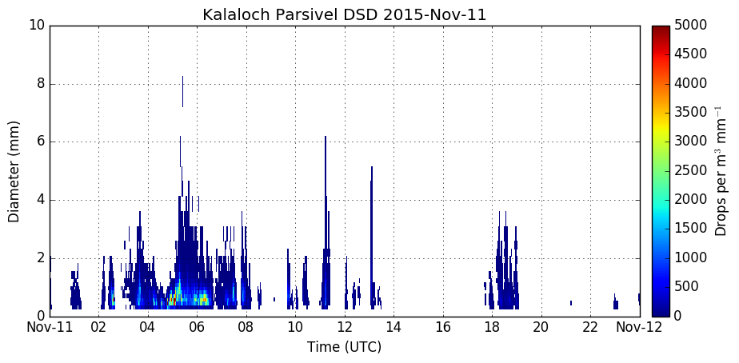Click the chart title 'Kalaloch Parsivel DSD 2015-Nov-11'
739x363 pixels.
(x=344, y=14)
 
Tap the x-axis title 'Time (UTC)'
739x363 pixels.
(x=344, y=348)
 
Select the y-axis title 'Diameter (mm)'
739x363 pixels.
(x=14, y=172)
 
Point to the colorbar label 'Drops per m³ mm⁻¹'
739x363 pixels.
(x=720, y=172)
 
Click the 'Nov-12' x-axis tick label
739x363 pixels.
(x=640, y=327)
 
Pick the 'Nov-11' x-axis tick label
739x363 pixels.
(x=50, y=327)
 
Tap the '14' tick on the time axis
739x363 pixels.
(x=394, y=327)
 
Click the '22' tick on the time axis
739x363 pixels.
(x=590, y=327)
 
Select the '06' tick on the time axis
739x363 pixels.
(x=197, y=327)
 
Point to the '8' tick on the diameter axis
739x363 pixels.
(x=40, y=85)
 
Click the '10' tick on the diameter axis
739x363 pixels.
(x=37, y=26)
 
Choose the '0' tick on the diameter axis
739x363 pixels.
(x=40, y=317)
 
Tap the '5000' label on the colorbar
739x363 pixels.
(x=690, y=25)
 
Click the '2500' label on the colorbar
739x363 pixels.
(x=690, y=170)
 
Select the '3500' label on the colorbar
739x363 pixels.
(x=690, y=112)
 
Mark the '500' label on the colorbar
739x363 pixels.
(x=686, y=286)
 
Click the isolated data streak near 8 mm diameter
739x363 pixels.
(x=182, y=91)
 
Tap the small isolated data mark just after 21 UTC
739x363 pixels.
(x=571, y=303)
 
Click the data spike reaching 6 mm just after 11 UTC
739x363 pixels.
(x=326, y=221)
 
